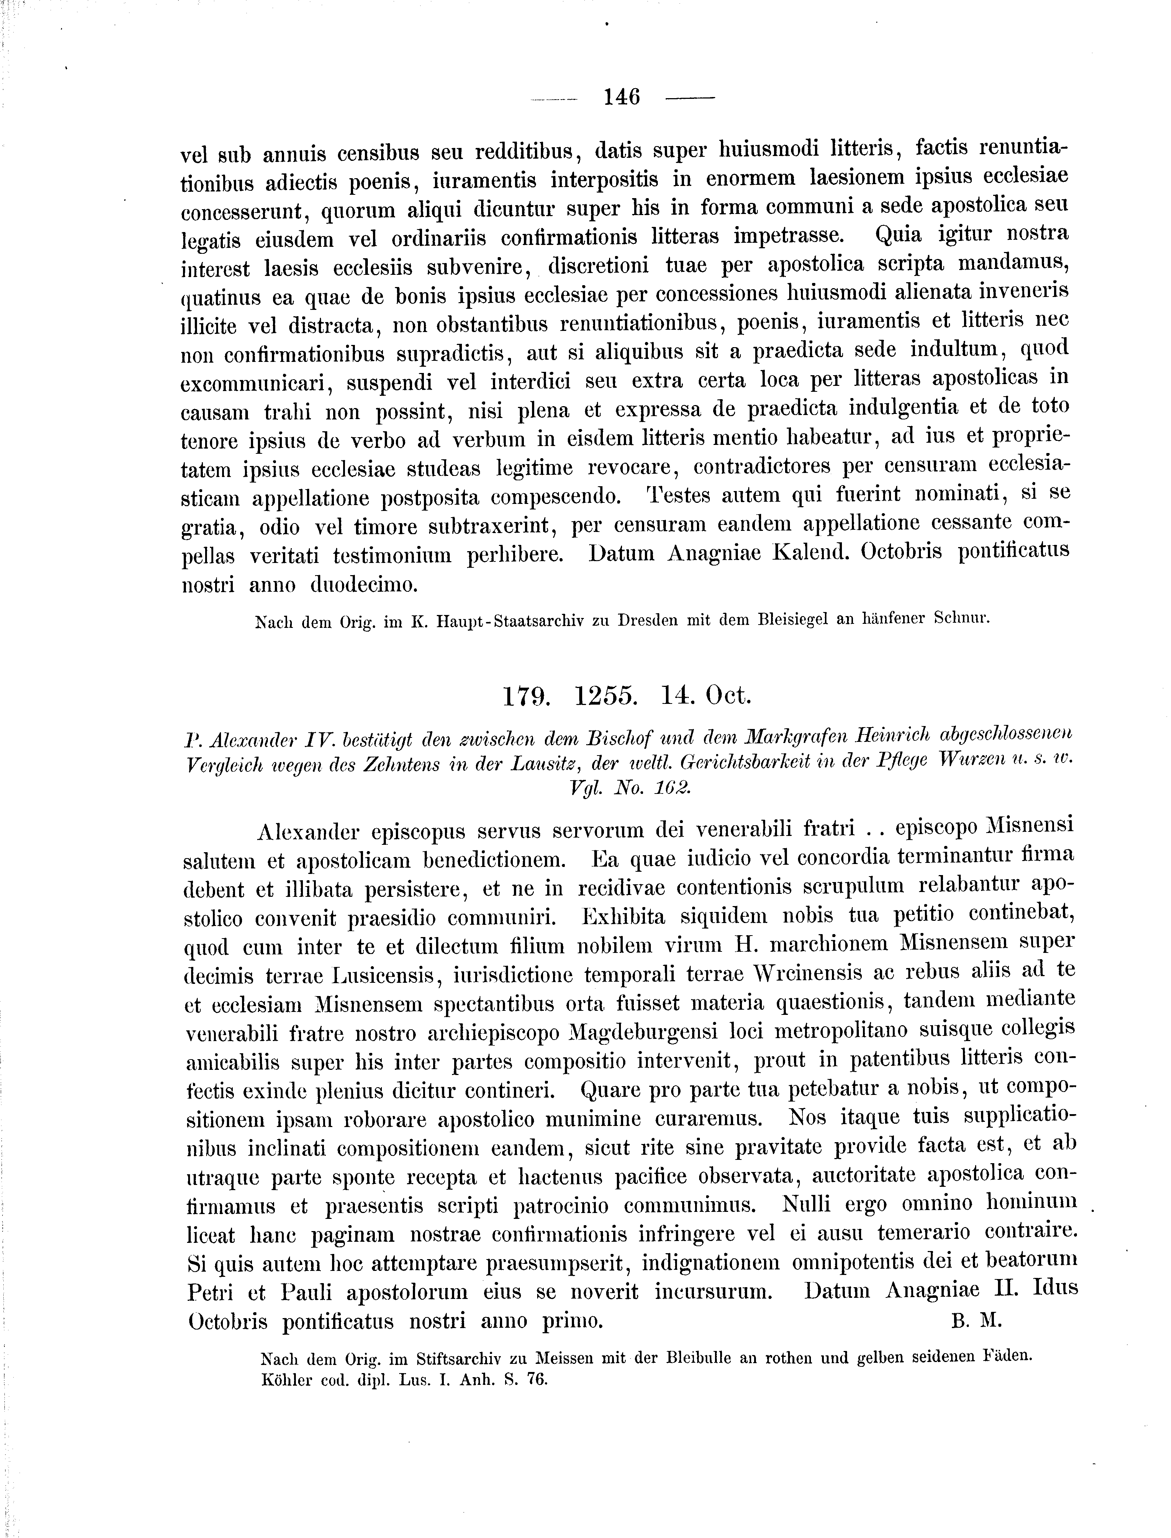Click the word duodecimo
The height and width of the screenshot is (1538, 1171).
pyautogui.click(x=364, y=584)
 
